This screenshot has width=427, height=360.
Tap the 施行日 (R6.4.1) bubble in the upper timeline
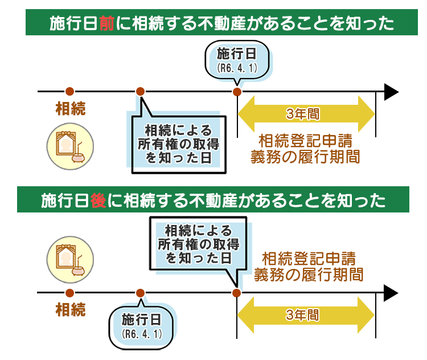237,60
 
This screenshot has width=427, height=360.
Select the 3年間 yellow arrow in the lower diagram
306,314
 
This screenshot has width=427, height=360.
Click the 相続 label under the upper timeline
70,109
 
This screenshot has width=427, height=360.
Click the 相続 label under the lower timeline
70,310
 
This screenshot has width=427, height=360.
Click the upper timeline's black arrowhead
392,92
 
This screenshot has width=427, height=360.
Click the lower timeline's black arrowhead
392,293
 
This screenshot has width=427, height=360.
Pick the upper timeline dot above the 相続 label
69,92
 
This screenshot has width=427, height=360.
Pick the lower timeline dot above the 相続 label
69,293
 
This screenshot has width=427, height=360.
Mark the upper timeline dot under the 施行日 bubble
237,92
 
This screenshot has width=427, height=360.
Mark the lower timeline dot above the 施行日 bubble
141,293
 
